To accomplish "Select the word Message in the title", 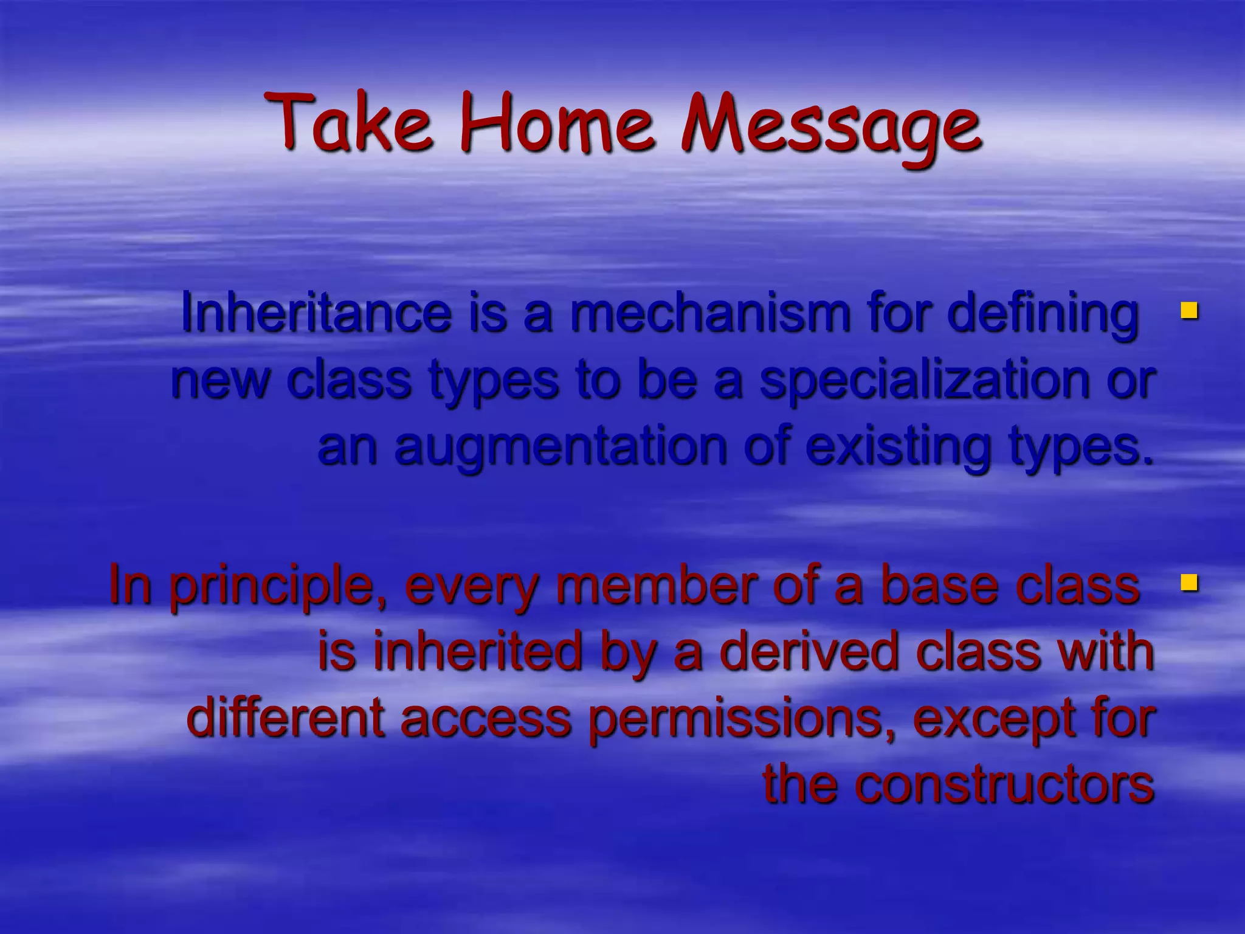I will coord(829,125).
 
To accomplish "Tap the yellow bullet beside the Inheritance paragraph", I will coord(1188,311).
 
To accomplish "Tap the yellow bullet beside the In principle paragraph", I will coord(1188,583).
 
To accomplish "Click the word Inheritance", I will coord(316,313).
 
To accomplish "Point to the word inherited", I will coord(477,651).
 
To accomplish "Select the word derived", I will coord(809,651).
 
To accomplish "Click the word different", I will coord(286,718).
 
